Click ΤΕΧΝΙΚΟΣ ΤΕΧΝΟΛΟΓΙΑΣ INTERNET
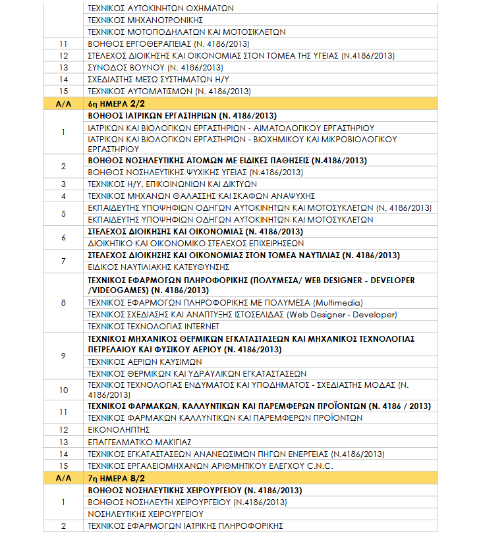pos(154,326)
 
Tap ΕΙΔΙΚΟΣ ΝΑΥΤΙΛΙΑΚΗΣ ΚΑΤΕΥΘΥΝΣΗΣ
pos(158,267)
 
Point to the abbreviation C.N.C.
pos(318,466)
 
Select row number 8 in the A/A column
pos(63,302)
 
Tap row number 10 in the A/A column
pos(63,390)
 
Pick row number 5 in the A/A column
pos(63,213)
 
